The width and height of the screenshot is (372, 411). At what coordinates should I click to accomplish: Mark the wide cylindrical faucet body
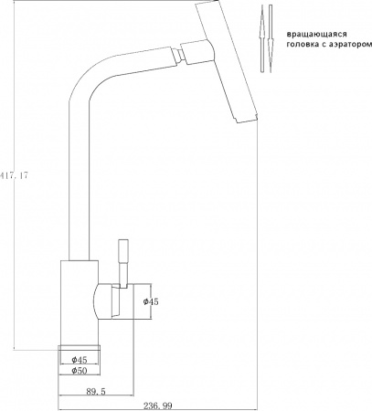pyautogui.click(x=78, y=301)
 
